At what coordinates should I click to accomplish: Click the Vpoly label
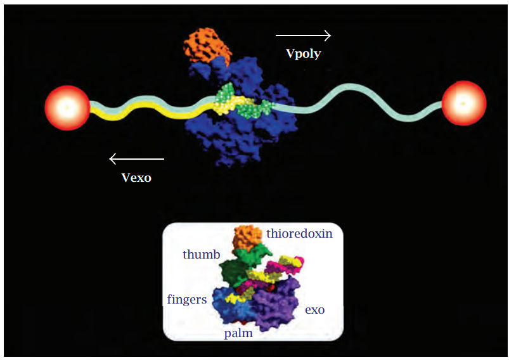click(303, 54)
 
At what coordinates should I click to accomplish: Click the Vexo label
click(136, 177)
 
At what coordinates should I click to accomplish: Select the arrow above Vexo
click(136, 158)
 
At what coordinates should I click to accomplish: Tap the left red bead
click(67, 108)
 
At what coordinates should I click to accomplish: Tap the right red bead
click(463, 103)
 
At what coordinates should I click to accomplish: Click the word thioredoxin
click(299, 233)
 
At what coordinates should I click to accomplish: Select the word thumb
click(201, 255)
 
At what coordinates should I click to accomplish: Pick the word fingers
click(187, 299)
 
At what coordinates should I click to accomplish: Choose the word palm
click(238, 333)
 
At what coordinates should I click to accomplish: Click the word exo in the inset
click(314, 310)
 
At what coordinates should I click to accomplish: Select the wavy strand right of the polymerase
click(355, 105)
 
